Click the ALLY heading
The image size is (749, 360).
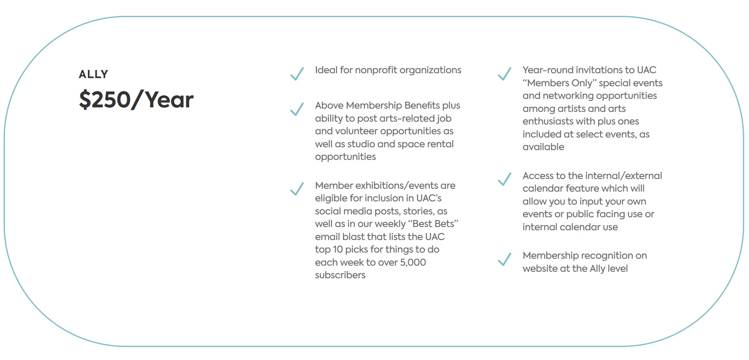coord(93,74)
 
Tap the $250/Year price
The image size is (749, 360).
coord(136,100)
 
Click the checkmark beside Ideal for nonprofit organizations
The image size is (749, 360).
coord(297,74)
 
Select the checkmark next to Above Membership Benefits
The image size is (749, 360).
coord(297,109)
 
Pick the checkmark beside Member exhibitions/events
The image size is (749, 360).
coord(297,189)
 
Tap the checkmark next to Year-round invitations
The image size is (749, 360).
coord(504,74)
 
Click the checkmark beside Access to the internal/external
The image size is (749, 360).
coord(504,179)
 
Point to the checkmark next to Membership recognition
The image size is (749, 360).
coord(504,259)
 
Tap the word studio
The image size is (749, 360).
coord(361,144)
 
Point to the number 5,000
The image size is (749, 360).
coord(413,262)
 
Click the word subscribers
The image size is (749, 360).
coord(340,275)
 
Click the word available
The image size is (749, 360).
coord(543,147)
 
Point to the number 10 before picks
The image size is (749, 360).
coord(338,250)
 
